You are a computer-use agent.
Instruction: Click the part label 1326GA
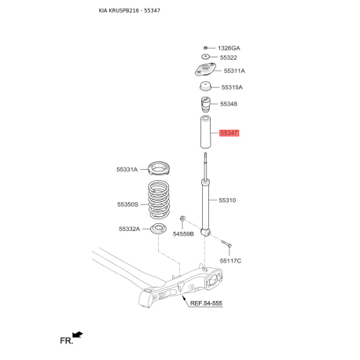click(230, 48)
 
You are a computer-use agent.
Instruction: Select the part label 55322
click(229, 57)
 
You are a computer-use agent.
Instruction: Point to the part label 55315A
click(232, 87)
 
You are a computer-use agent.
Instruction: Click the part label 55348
click(229, 104)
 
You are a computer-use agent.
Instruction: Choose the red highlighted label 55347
click(229, 134)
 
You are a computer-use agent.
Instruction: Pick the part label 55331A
click(127, 169)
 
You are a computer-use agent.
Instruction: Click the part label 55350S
click(127, 204)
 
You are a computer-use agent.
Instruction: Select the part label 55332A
click(129, 229)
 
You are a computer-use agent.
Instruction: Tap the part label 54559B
click(182, 234)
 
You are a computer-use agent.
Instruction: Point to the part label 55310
click(227, 200)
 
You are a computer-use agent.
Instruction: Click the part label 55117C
click(230, 260)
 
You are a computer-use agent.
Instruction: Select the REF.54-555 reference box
click(207, 302)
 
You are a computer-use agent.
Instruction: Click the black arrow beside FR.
click(77, 335)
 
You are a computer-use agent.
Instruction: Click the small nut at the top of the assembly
click(205, 48)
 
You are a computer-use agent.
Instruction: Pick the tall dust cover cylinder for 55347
click(206, 134)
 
